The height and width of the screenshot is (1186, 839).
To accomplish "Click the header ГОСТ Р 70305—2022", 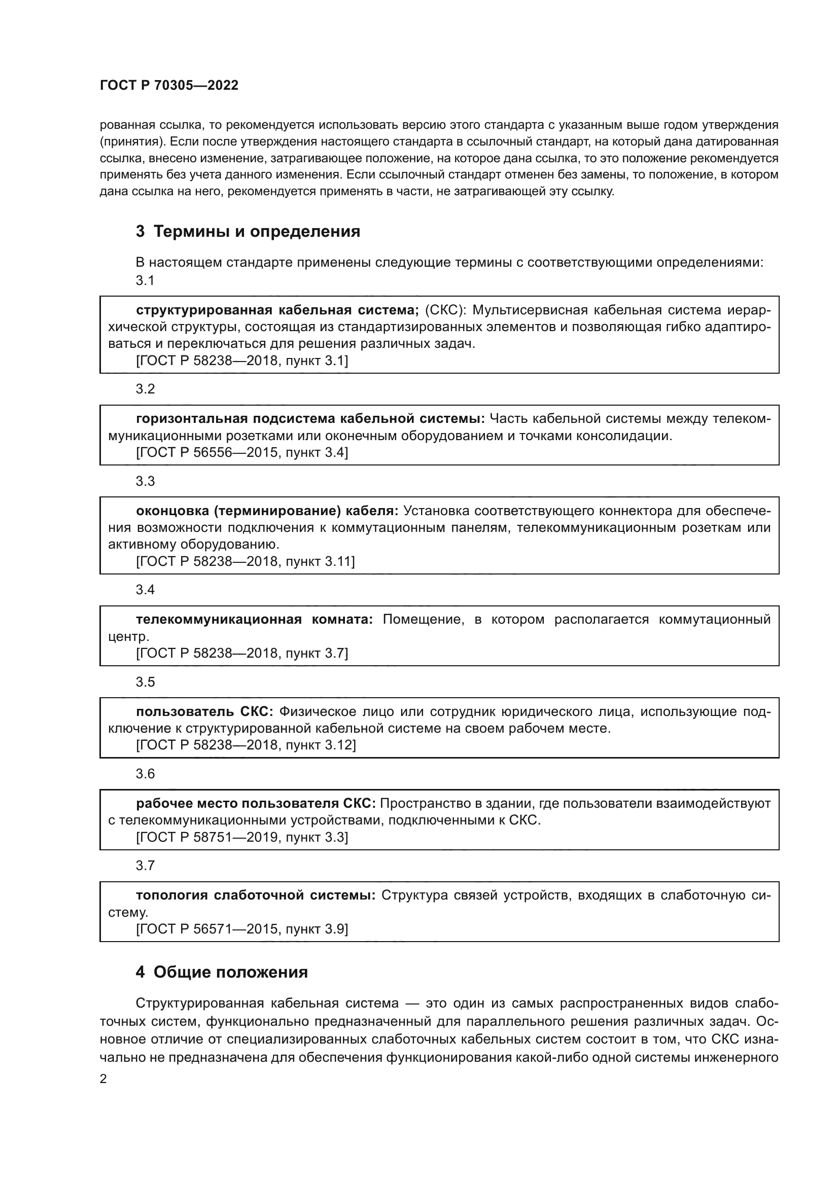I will pos(169,86).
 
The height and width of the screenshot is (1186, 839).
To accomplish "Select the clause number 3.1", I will pos(145,280).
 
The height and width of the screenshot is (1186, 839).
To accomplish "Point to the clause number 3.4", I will pos(145,590).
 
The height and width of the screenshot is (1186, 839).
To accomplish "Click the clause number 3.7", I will pos(145,866).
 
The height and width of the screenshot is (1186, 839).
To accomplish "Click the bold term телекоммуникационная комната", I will pos(254,619).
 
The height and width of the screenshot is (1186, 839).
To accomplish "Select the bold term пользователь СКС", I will pos(204,712).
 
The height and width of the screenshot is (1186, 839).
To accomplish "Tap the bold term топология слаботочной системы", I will pos(256,895).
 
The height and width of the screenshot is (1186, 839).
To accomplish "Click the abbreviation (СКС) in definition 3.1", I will pos(446,310).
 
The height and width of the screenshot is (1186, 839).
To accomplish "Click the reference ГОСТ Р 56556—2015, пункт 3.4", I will pos(242,452).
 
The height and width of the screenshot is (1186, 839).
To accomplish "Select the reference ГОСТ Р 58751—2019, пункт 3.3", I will pos(242,837).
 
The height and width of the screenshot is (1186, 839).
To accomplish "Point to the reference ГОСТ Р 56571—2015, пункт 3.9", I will pos(242,929).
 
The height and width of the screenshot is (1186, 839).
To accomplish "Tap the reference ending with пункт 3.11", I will pos(245,561).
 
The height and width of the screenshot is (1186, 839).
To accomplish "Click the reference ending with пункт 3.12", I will pos(246,745).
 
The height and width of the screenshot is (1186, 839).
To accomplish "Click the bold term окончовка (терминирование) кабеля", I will pos(267,511).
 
